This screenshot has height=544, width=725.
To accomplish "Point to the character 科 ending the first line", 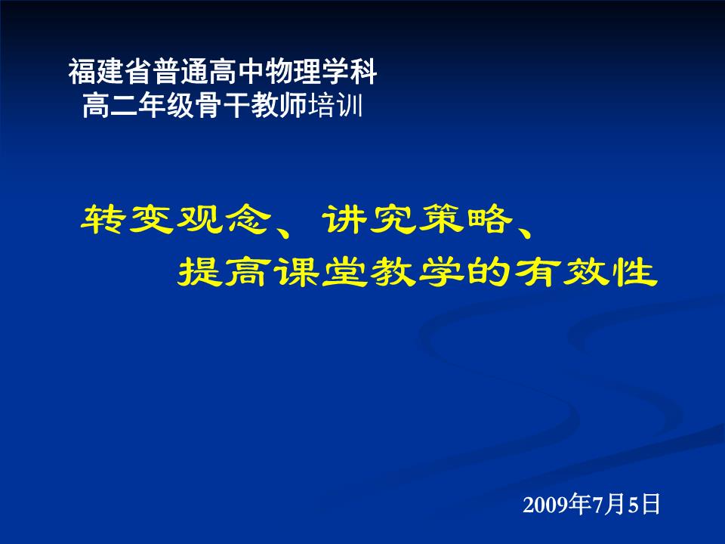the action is (x=363, y=72).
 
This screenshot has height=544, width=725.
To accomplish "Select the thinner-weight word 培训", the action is (x=335, y=106).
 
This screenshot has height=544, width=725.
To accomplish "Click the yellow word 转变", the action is (x=127, y=219).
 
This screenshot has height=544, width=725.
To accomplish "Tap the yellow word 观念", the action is (x=224, y=219).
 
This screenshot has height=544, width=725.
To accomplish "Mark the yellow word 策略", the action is (x=465, y=219).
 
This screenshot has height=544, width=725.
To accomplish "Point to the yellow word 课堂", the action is (x=296, y=272).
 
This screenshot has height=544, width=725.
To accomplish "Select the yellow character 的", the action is (x=489, y=272).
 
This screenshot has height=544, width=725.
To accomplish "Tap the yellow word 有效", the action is (x=561, y=272).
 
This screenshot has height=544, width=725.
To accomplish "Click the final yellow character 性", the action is (x=634, y=272).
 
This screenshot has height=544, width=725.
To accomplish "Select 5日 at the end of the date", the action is (x=643, y=504).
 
